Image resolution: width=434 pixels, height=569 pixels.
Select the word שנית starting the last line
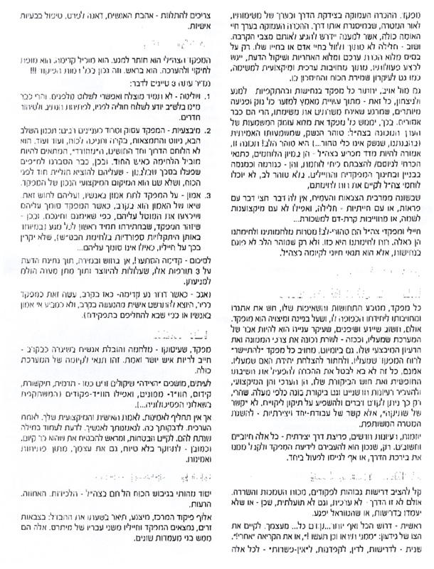coord(413,554)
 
